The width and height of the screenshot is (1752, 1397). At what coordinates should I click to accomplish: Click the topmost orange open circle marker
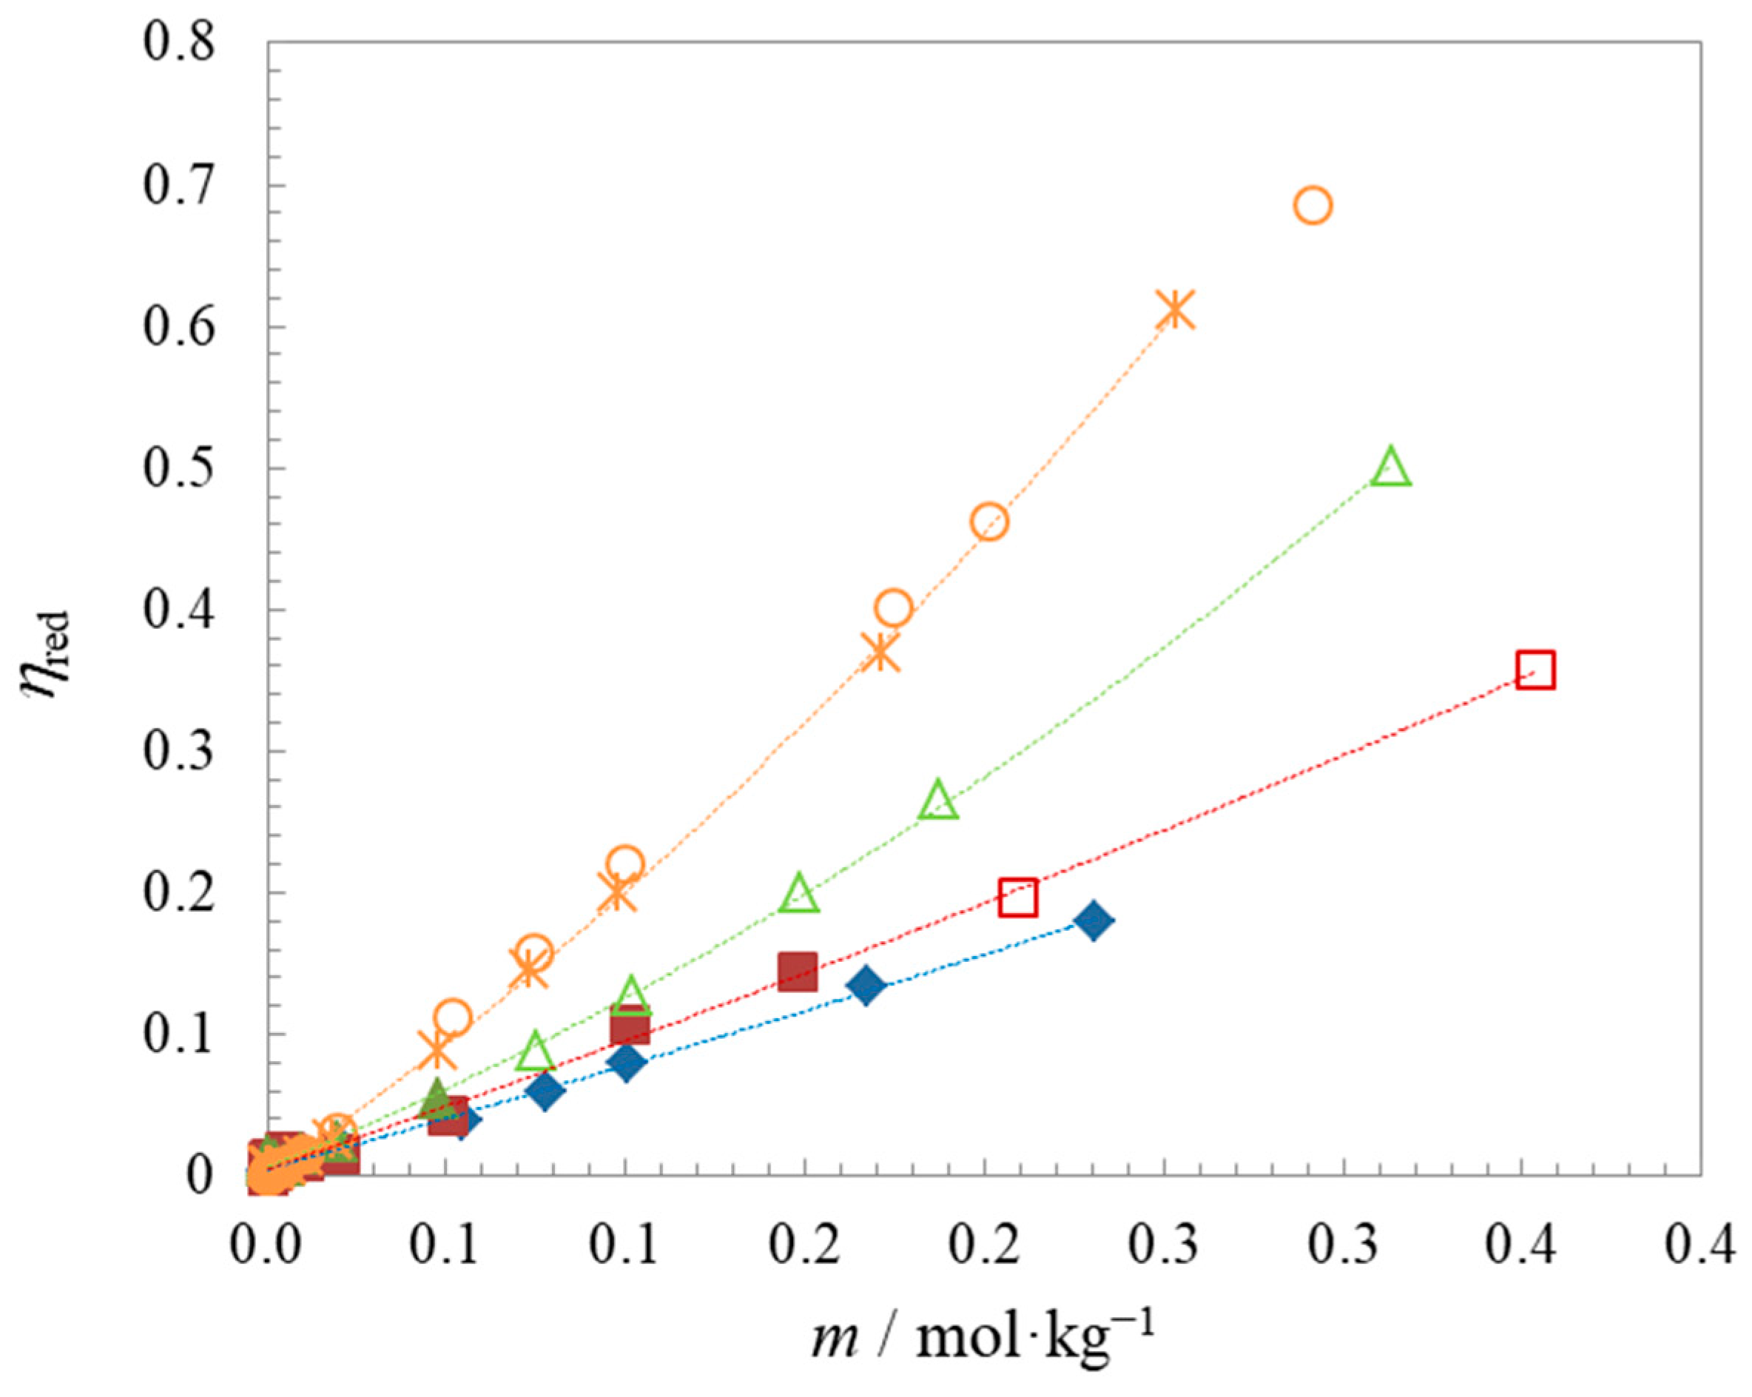pos(1313,206)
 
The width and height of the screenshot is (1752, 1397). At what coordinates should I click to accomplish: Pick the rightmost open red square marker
pos(1535,670)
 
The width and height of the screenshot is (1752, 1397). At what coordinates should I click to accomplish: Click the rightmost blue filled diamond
pos(1093,920)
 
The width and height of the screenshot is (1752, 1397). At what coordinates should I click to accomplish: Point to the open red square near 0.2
pos(1018,898)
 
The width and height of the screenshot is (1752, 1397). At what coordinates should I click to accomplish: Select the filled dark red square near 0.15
pos(797,972)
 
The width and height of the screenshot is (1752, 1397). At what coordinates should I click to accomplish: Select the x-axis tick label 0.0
pos(265,1245)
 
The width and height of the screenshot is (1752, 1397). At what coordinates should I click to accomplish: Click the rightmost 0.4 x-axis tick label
pos(1700,1245)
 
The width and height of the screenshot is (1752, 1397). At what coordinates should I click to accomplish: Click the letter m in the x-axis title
pos(835,1339)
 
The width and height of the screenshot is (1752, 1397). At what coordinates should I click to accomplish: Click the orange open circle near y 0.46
pos(989,522)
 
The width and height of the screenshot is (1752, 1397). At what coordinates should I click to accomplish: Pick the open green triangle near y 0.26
pos(939,801)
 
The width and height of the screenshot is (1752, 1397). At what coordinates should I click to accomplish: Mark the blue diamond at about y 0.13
pos(866,986)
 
